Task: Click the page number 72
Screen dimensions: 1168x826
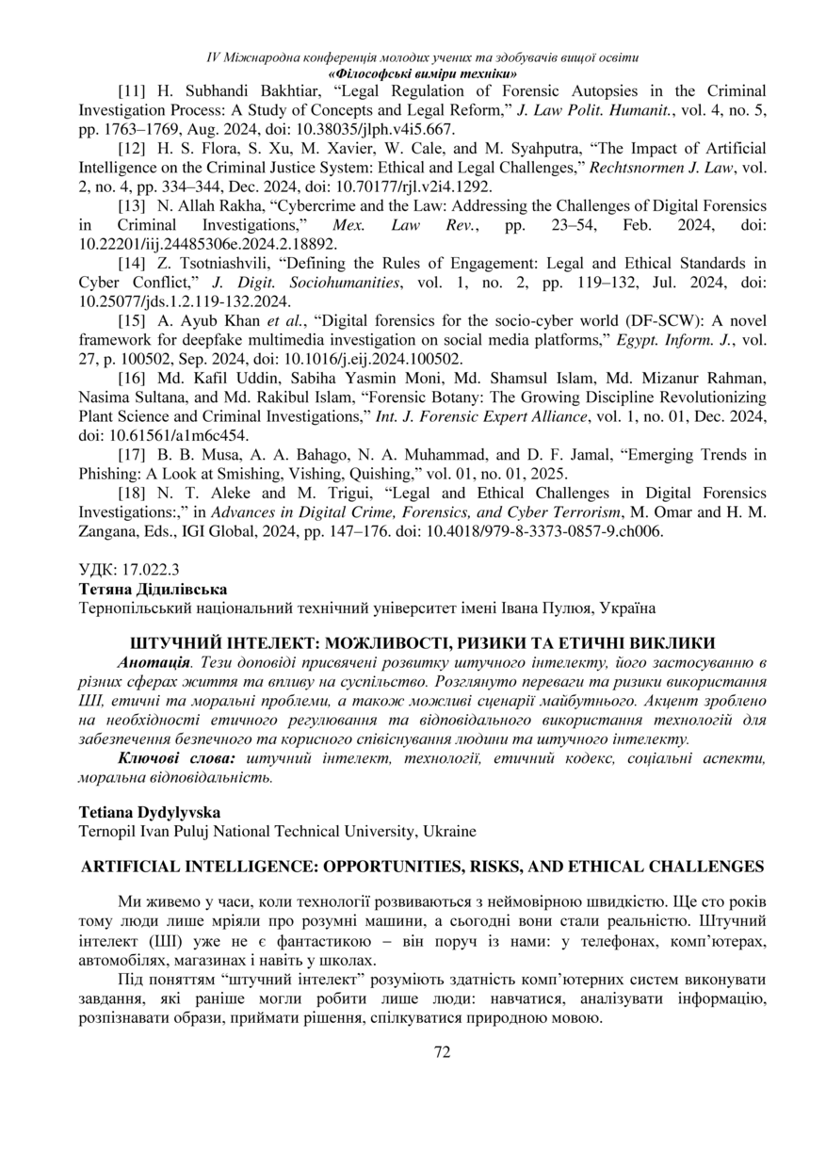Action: (442, 1052)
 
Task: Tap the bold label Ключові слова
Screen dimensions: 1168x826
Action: (175, 758)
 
